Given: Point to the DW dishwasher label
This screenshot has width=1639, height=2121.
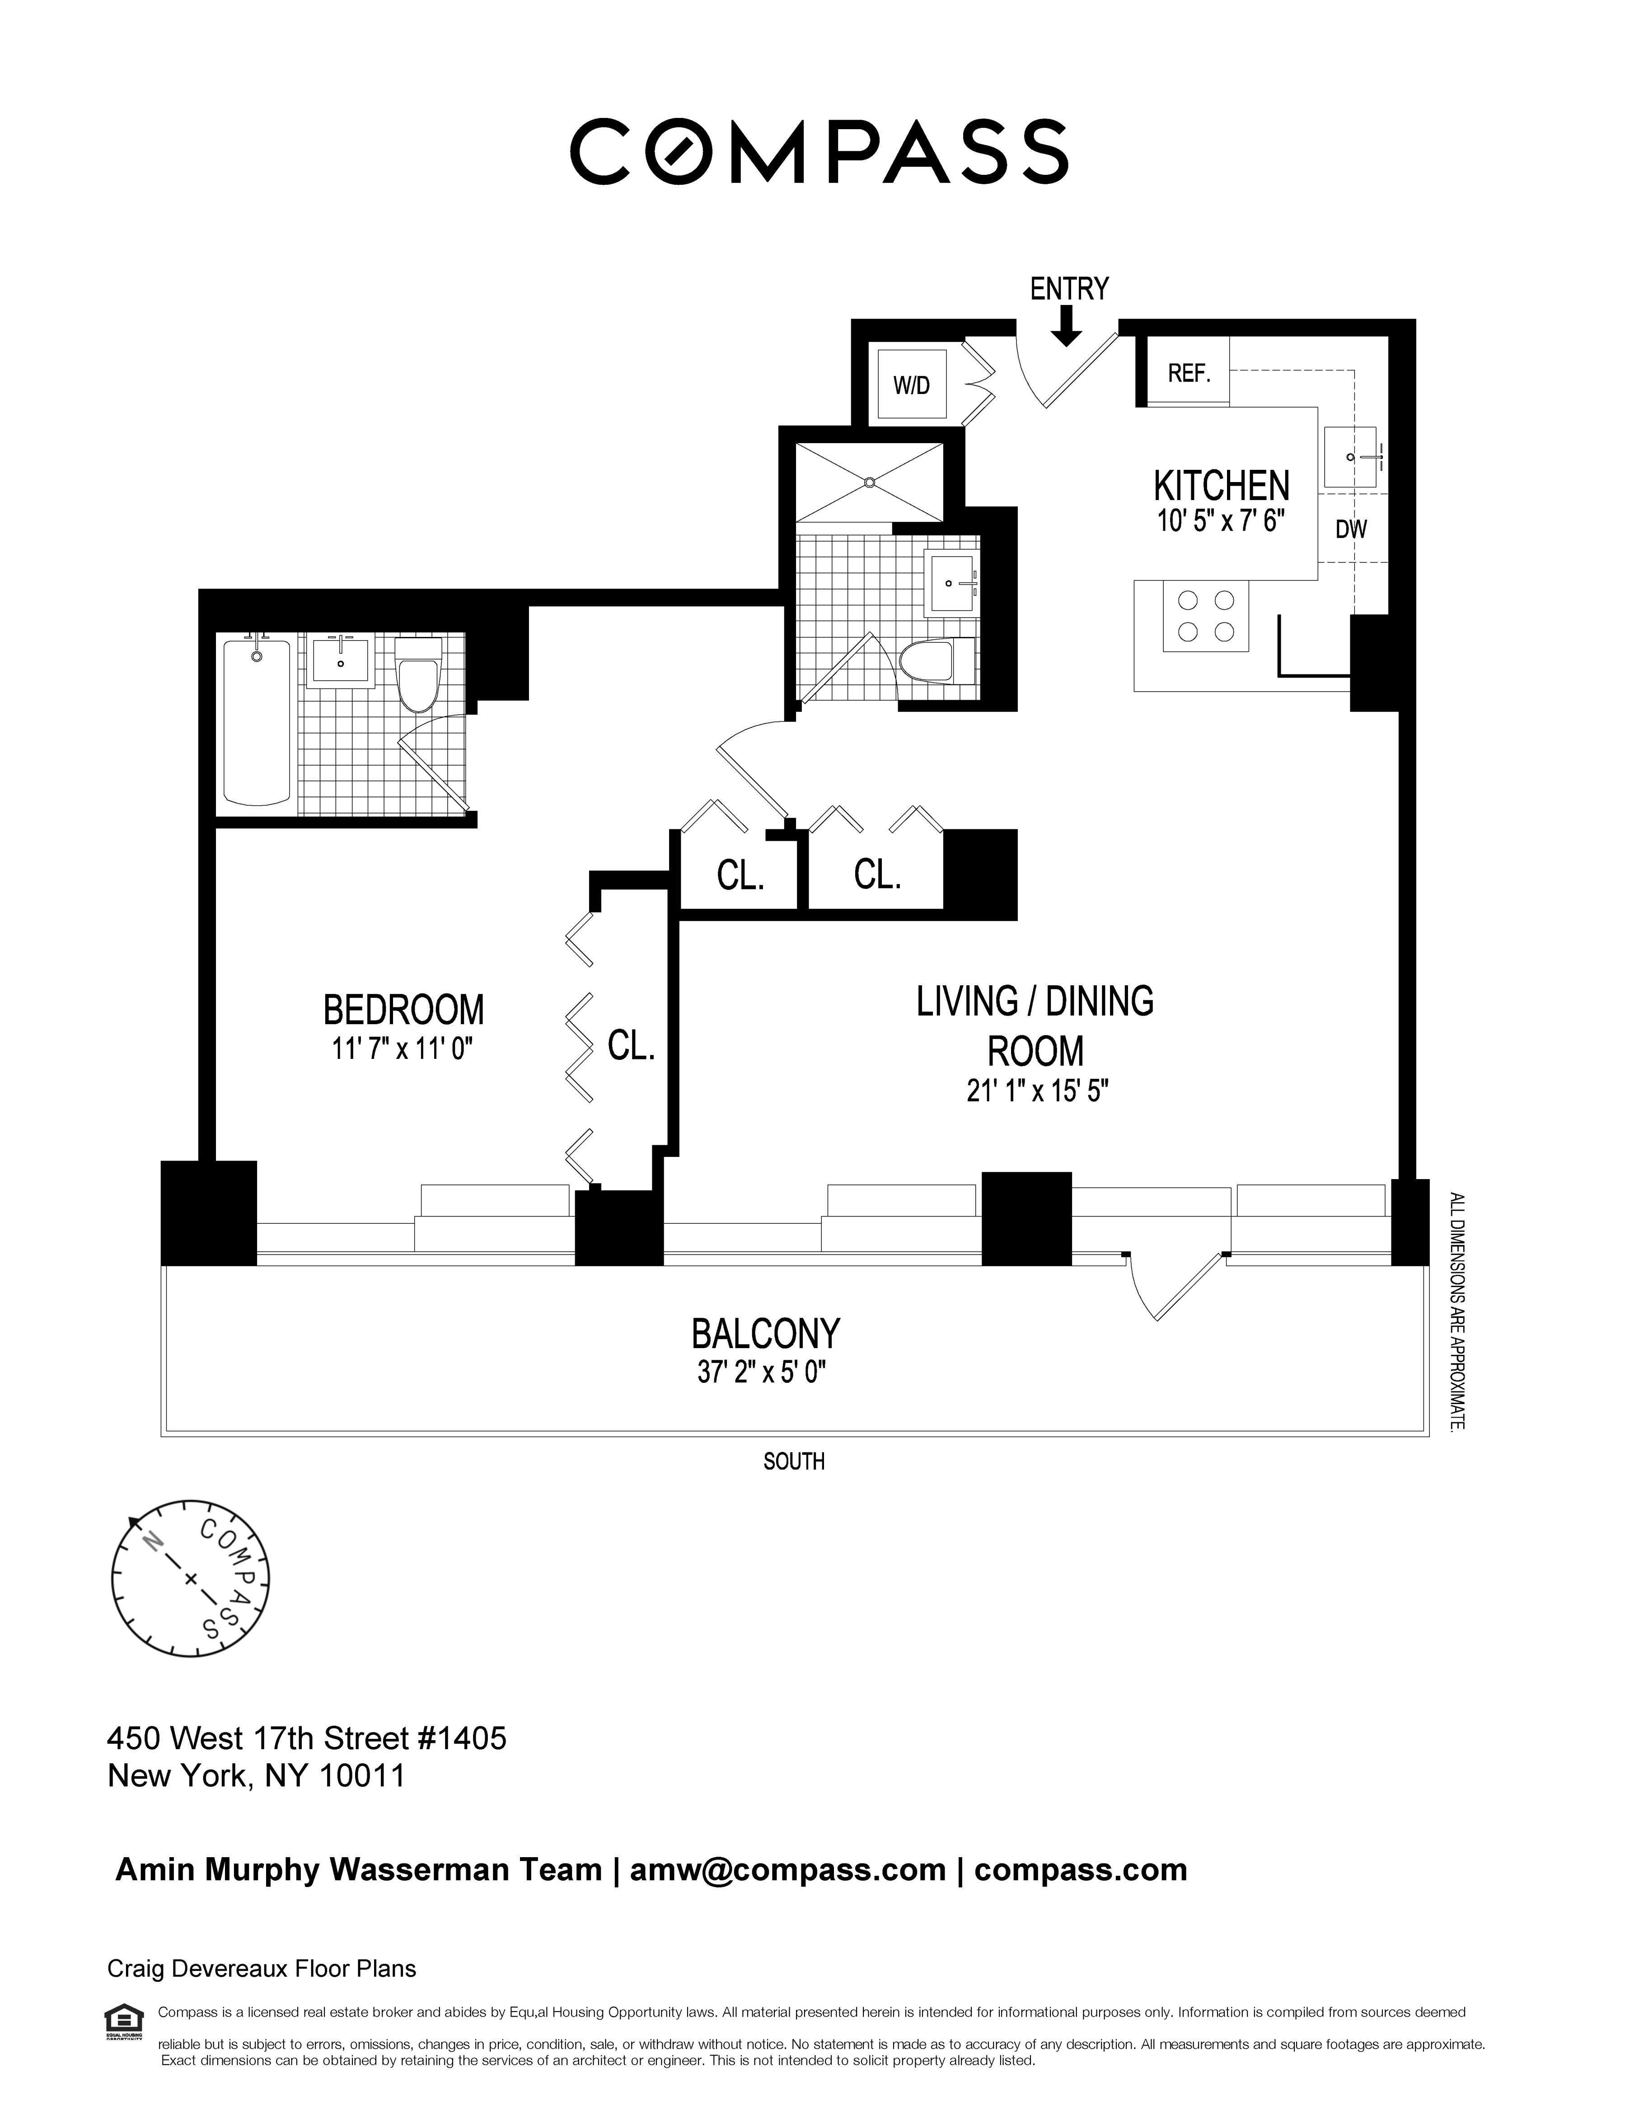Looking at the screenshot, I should pos(1351,529).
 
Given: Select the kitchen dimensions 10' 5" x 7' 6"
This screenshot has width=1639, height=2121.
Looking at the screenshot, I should pos(1221,521).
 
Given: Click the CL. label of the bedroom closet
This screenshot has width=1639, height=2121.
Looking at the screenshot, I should pos(631,1045).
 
